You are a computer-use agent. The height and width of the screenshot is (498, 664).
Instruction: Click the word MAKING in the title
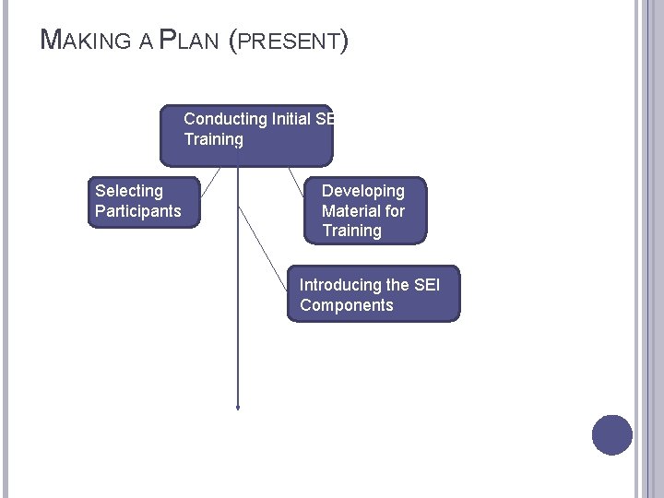89,41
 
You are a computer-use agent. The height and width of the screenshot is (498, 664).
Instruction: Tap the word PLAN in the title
188,41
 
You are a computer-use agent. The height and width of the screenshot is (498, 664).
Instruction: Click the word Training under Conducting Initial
213,139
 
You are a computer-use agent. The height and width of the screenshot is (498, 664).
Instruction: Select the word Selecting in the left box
129,191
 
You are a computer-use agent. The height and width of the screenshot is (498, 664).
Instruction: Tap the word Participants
138,211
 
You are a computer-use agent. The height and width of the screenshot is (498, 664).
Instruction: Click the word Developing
363,191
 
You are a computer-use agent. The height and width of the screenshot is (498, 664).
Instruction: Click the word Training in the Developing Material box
351,231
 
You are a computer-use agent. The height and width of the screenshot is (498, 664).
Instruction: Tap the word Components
347,305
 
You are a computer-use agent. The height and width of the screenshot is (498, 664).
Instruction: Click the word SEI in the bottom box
427,285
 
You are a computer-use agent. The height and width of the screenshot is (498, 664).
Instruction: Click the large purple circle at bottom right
612,434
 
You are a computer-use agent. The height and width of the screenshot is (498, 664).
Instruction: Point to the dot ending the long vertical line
238,407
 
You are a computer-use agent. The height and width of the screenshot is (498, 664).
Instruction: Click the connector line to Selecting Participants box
210,183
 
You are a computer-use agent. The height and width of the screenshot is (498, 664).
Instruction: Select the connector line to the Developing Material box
296,181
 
